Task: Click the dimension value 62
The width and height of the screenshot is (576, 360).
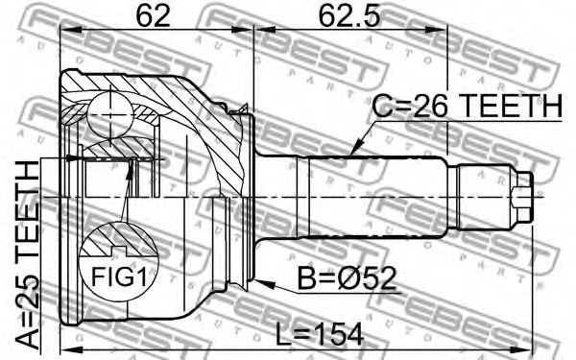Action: tap(153, 15)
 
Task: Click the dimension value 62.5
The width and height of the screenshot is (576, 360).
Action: tap(348, 15)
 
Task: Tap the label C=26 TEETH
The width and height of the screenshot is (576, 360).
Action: tap(468, 107)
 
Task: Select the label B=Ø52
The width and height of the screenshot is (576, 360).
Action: tap(347, 278)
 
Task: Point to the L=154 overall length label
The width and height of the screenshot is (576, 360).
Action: tap(320, 333)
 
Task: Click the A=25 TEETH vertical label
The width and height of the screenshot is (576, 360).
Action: tap(28, 255)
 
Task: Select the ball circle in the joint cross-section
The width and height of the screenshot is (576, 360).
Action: tap(109, 114)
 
